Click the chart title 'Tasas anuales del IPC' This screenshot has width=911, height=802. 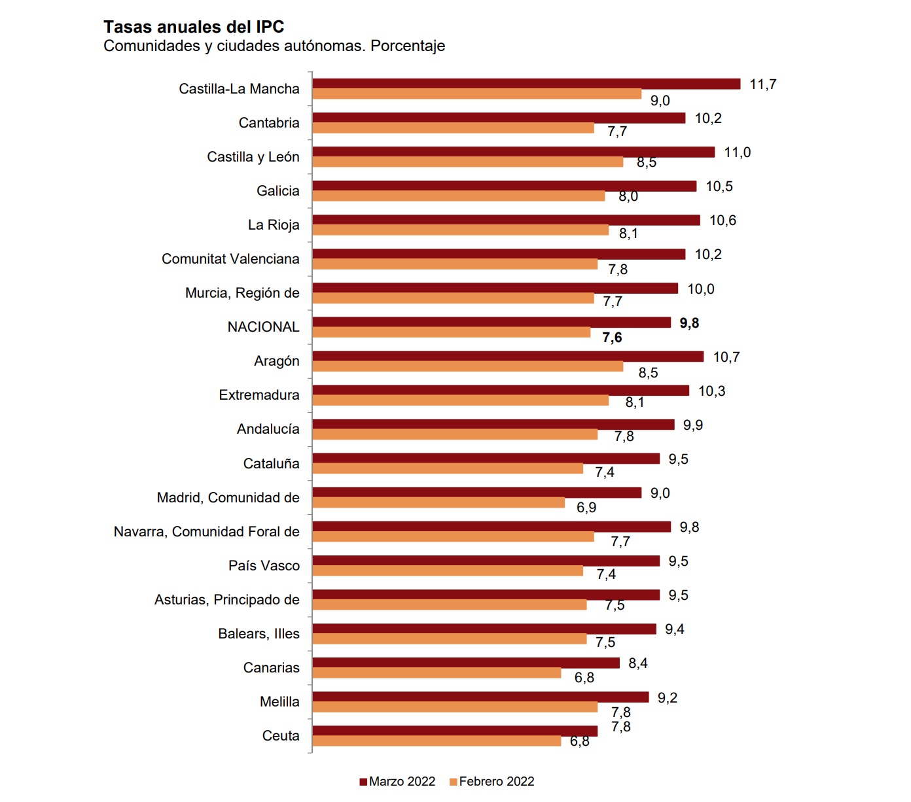(x=194, y=27)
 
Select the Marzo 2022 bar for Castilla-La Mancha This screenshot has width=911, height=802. (x=526, y=84)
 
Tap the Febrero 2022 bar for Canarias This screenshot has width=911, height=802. (x=437, y=673)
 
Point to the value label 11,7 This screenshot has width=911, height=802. (x=762, y=84)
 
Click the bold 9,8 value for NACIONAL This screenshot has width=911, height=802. (x=689, y=323)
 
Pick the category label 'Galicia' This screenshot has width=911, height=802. (x=277, y=191)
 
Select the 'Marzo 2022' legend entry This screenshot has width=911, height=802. (x=397, y=781)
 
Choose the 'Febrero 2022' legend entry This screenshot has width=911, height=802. (x=491, y=781)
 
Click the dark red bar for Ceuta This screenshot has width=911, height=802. (x=455, y=731)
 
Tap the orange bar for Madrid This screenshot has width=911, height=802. (x=438, y=502)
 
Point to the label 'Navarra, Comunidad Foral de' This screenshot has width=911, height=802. (x=206, y=532)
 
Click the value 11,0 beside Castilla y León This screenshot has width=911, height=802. (x=737, y=152)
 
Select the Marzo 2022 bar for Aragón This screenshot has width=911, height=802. (x=508, y=357)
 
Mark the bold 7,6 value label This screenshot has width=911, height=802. (x=612, y=338)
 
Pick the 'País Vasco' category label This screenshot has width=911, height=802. (x=264, y=566)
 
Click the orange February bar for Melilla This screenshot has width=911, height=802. (x=455, y=707)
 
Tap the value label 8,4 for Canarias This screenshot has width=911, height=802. (x=637, y=663)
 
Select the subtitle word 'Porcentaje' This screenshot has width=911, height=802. (x=408, y=46)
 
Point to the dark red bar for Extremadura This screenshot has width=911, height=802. (x=501, y=391)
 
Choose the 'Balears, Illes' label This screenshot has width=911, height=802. (x=259, y=634)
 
